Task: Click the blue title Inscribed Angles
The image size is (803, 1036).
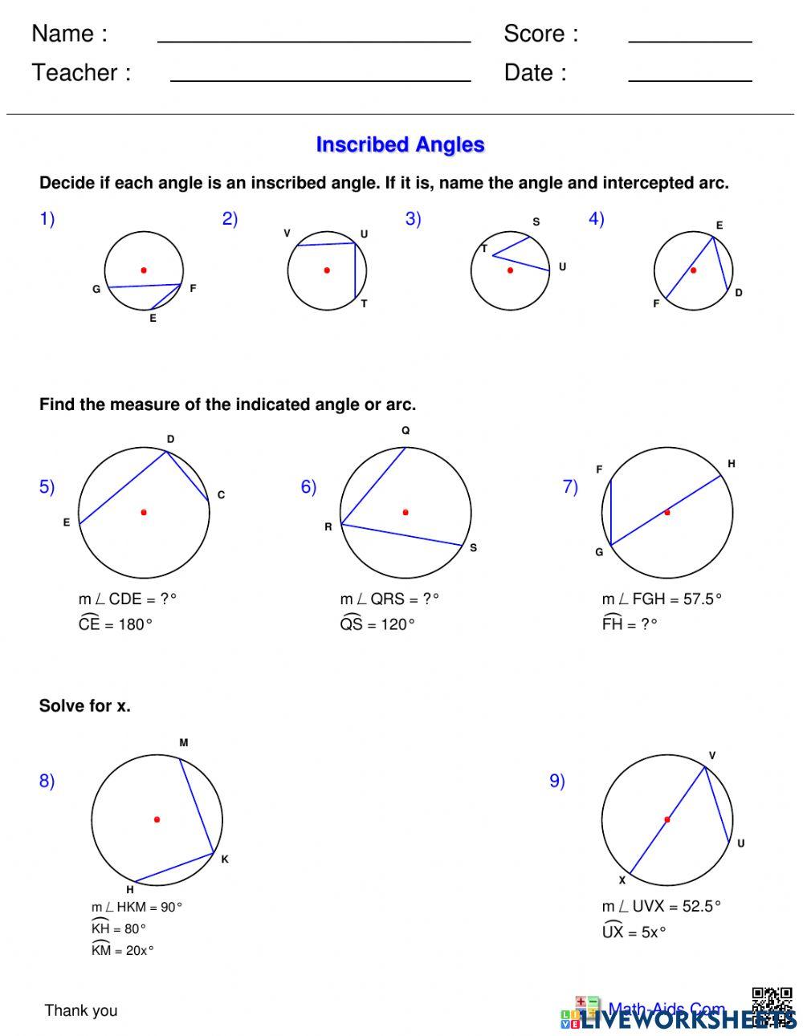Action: (x=400, y=145)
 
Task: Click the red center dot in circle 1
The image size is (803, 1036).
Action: (x=144, y=270)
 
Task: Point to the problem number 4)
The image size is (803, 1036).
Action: (x=596, y=219)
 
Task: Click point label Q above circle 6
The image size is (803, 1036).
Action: (x=406, y=431)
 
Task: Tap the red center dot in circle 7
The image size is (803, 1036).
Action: (x=667, y=512)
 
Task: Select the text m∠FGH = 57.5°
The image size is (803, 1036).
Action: (x=662, y=599)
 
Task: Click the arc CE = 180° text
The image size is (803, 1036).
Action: (x=116, y=624)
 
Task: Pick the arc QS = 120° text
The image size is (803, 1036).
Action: (x=377, y=624)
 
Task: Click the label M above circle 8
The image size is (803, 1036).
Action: (x=184, y=743)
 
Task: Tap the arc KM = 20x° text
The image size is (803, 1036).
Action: (x=122, y=950)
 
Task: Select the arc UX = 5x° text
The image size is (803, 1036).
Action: (x=634, y=932)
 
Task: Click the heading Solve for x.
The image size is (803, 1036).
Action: (x=84, y=706)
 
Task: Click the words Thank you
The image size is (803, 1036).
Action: (x=81, y=1010)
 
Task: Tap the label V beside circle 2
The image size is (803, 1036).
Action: (x=287, y=234)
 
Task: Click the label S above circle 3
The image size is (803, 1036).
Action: (x=536, y=222)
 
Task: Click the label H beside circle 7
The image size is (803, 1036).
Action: (x=732, y=464)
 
